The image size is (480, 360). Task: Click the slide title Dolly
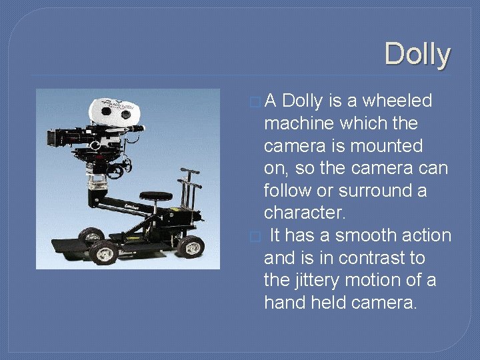pyautogui.click(x=417, y=54)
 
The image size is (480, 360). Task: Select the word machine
pyautogui.click(x=302, y=124)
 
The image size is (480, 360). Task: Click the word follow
pyautogui.click(x=290, y=191)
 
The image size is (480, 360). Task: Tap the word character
pyautogui.click(x=304, y=213)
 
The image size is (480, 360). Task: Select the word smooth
pyautogui.click(x=370, y=236)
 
